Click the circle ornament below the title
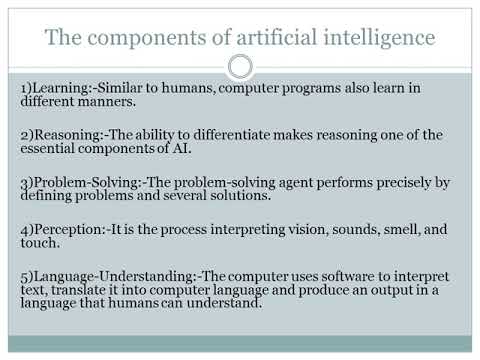[240, 67]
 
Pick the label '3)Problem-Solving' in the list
[75, 182]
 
